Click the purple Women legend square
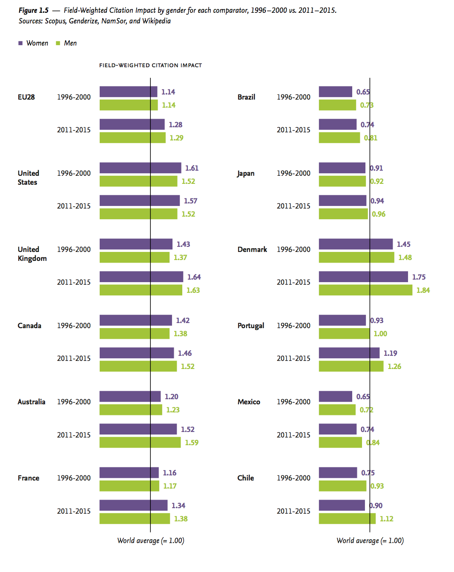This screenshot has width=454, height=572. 20,43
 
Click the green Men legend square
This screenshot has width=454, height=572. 58,43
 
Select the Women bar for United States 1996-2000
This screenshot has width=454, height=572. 140,168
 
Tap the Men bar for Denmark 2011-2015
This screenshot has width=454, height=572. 365,290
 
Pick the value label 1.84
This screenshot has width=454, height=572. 423,290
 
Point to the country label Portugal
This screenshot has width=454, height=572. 250,326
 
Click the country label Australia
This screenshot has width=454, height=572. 31,402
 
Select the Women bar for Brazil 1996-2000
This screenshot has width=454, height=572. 335,92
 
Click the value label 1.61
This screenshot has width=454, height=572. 192,168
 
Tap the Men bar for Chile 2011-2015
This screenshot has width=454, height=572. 347,518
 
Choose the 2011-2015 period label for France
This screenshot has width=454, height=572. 74,511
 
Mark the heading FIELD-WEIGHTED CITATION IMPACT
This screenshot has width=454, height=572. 150,65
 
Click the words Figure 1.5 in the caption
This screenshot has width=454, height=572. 33,10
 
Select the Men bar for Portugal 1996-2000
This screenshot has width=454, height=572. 344,333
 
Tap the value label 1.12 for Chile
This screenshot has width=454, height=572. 386,519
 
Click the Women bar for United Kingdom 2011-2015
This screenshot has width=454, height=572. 141,277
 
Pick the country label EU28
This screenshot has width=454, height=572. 26,97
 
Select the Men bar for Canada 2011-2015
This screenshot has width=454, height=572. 138,366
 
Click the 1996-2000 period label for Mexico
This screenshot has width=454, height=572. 293,402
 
